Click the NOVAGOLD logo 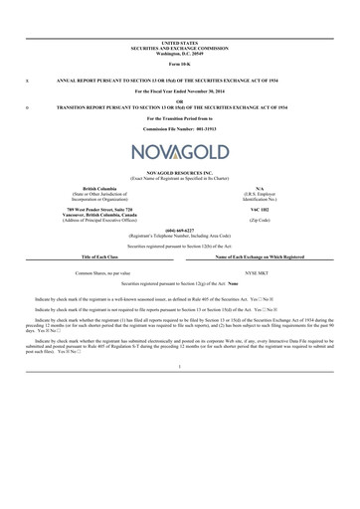click(179, 152)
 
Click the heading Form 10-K click(179, 63)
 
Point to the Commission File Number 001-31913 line click(179, 130)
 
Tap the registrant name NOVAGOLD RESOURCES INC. click(179, 172)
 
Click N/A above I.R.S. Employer click(259, 188)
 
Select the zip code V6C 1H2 click(259, 211)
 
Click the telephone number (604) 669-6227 click(179, 230)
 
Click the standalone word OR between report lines click(179, 99)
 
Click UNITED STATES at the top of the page click(179, 43)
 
